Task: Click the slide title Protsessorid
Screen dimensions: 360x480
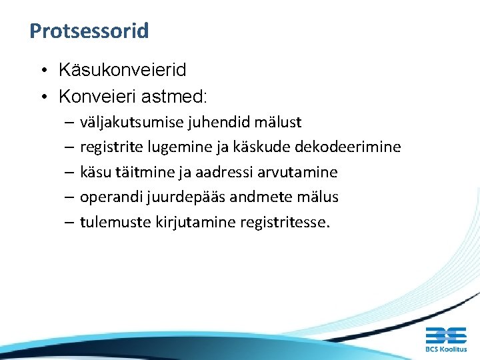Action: [89, 31]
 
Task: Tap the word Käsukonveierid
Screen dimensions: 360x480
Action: [123, 69]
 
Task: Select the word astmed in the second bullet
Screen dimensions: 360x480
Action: [179, 97]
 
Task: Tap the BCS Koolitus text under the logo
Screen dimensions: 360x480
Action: [445, 349]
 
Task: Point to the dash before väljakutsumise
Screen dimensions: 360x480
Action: [70, 123]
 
